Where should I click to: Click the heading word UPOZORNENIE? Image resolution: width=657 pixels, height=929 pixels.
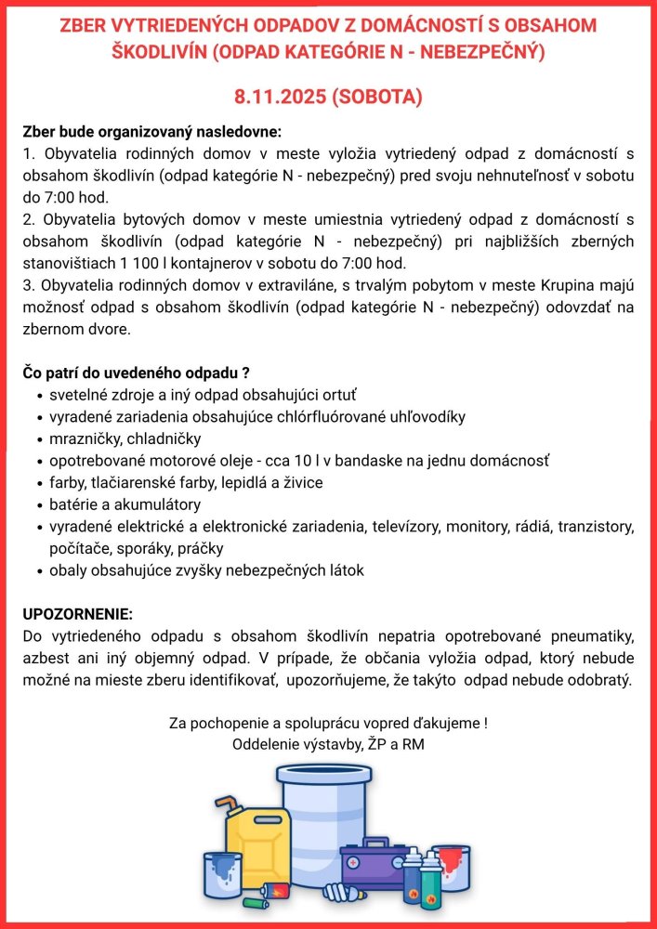pyautogui.click(x=78, y=616)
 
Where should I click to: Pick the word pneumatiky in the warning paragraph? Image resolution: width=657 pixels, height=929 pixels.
pyautogui.click(x=591, y=636)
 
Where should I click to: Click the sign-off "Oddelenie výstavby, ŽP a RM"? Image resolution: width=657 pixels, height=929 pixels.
pyautogui.click(x=328, y=743)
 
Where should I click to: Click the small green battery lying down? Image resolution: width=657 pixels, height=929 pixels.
pyautogui.click(x=255, y=901)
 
